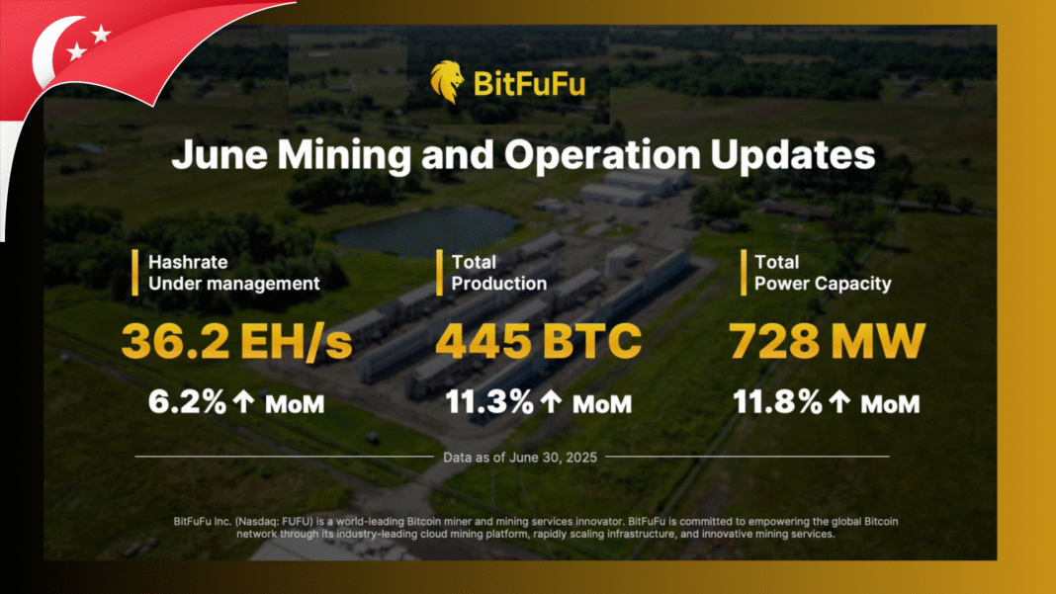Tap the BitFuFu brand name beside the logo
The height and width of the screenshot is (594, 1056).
529,85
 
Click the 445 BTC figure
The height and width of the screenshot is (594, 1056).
538,341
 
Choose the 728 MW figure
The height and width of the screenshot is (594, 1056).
828,341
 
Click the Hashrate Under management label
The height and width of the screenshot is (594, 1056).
233,273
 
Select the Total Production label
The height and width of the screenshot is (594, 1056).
498,273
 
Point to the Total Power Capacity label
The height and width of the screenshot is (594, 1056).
823,273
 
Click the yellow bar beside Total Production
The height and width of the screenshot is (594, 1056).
438,273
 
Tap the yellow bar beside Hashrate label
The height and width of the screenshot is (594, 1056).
134,273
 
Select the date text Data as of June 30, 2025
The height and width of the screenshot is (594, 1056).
512,457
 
